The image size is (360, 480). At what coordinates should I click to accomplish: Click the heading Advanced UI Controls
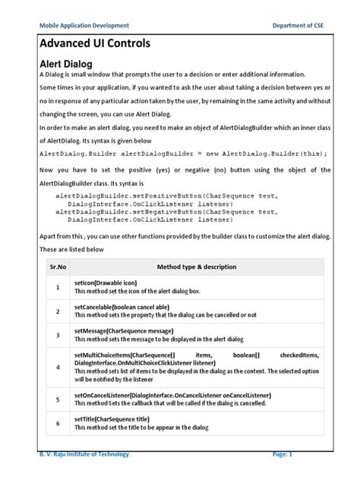tap(94, 43)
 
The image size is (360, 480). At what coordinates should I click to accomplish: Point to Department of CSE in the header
tap(302, 25)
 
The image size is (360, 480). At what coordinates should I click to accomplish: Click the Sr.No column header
tap(58, 267)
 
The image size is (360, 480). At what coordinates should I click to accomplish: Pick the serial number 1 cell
tap(58, 287)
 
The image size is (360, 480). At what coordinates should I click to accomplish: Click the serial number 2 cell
tap(58, 311)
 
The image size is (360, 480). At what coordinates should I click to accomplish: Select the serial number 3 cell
tap(58, 335)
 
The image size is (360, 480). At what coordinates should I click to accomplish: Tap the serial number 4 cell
tap(58, 367)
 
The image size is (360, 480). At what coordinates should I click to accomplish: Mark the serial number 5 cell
tap(58, 399)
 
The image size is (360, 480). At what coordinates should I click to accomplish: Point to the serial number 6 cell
tap(58, 423)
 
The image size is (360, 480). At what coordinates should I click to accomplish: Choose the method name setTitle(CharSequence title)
tap(112, 418)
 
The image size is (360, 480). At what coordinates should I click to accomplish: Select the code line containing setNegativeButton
tap(167, 212)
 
